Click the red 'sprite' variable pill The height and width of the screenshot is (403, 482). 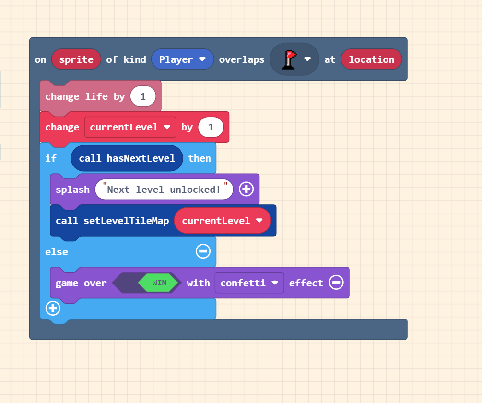(76, 59)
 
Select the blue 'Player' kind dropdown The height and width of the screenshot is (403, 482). (182, 59)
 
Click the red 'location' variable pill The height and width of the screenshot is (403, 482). (371, 59)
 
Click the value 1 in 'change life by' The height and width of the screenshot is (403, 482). (143, 96)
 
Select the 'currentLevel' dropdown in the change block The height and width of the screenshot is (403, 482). (130, 127)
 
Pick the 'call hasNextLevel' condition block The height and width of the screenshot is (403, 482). (127, 158)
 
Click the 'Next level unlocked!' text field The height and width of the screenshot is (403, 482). (164, 190)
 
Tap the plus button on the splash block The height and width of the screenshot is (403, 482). (246, 190)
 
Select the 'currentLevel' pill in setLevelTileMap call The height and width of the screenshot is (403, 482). (223, 221)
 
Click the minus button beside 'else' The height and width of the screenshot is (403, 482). (203, 251)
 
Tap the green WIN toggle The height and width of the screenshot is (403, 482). (159, 283)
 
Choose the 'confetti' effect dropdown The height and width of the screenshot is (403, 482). (249, 283)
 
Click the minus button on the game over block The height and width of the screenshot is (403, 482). (336, 283)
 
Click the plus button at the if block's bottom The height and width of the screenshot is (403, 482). (53, 308)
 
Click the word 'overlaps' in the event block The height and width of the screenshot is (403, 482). (242, 59)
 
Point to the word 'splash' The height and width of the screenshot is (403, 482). (72, 190)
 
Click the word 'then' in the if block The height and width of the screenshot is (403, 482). (200, 158)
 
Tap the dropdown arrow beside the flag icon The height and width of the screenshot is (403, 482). (308, 59)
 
